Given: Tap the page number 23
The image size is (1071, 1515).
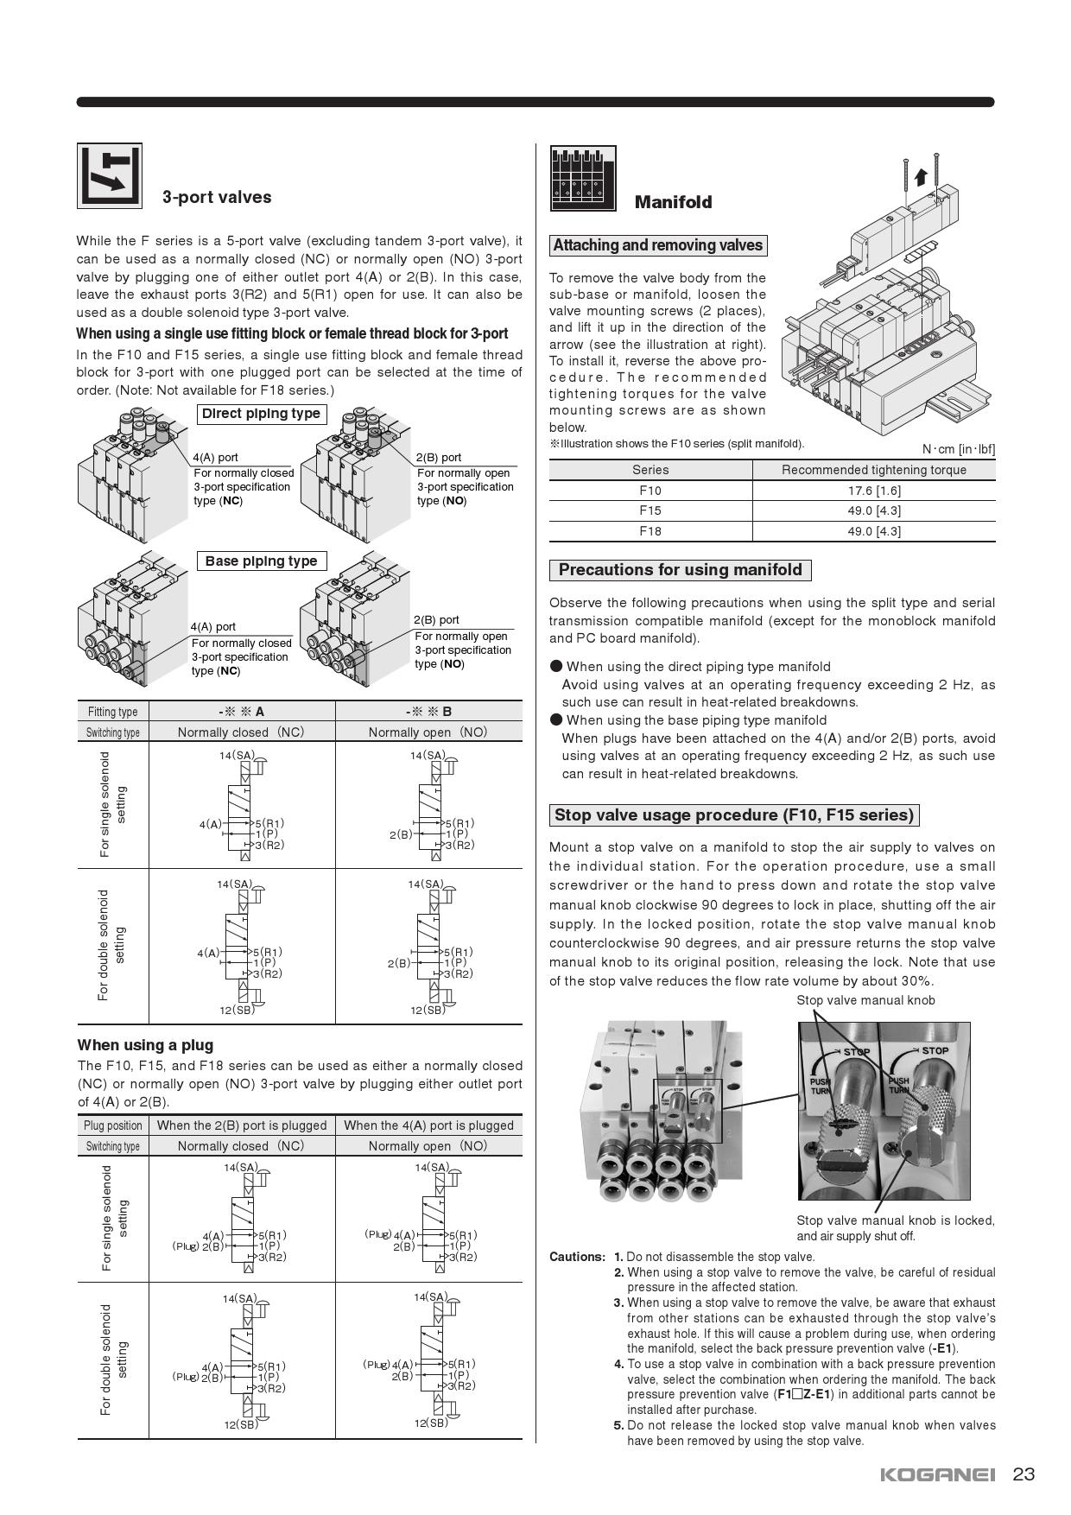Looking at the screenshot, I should pyautogui.click(x=1023, y=1474).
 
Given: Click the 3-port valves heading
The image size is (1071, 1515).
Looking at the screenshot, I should pyautogui.click(x=217, y=197).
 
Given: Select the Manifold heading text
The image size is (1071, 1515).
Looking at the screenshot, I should pyautogui.click(x=673, y=202).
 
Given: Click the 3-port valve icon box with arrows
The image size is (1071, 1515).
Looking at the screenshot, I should pyautogui.click(x=110, y=176).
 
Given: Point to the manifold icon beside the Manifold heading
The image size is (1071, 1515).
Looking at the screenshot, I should pyautogui.click(x=583, y=178).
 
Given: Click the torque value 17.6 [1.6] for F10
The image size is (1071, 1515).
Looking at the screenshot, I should pyautogui.click(x=873, y=491).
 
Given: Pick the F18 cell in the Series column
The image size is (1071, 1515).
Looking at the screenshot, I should pyautogui.click(x=650, y=531).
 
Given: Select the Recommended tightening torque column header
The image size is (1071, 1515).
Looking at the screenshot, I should pyautogui.click(x=873, y=470).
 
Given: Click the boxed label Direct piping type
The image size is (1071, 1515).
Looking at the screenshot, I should pyautogui.click(x=261, y=414).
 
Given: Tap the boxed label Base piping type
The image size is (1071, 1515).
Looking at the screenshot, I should pyautogui.click(x=261, y=561).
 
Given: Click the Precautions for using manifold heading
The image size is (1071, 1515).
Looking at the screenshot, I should pyautogui.click(x=680, y=570).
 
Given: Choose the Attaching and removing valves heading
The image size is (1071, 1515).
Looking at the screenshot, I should pyautogui.click(x=657, y=245).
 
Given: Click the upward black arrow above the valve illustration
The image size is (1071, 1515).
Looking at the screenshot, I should pyautogui.click(x=921, y=177).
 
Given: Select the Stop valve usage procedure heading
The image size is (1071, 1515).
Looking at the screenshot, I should pyautogui.click(x=733, y=815).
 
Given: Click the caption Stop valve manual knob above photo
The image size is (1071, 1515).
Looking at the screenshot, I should pyautogui.click(x=865, y=1000).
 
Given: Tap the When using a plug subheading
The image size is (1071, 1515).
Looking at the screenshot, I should pyautogui.click(x=145, y=1045).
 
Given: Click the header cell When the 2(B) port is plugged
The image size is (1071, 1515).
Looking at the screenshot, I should pyautogui.click(x=242, y=1125).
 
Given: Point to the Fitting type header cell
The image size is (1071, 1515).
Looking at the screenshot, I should pyautogui.click(x=112, y=712).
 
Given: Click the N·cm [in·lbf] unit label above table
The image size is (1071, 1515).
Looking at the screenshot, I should pyautogui.click(x=958, y=449).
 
